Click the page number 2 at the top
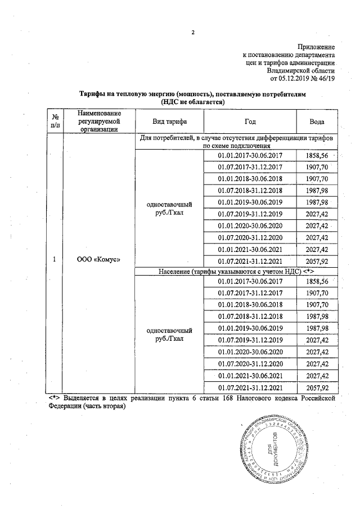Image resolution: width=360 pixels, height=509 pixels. (x=192, y=32)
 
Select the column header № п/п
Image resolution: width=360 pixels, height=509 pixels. (x=55, y=121)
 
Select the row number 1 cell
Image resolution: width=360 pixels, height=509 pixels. (x=55, y=259)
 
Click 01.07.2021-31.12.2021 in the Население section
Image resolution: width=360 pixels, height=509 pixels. (x=250, y=388)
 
